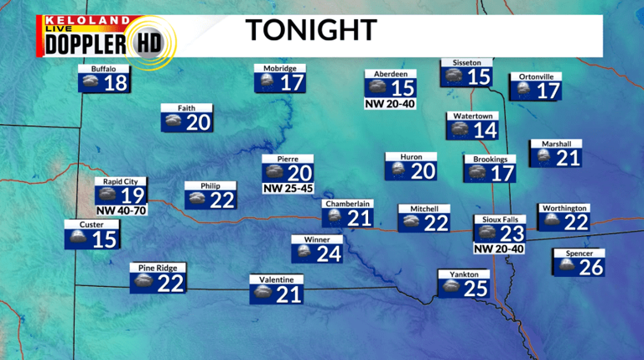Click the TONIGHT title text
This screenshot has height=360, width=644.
310,31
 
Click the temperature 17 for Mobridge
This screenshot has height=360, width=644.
291,83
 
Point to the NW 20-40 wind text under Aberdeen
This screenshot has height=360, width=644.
391,104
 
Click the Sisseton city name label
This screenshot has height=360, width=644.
466,62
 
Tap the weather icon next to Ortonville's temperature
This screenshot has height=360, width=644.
524,90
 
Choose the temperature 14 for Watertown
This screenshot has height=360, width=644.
485,130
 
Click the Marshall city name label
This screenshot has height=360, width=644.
556,143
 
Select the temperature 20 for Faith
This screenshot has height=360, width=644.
198,123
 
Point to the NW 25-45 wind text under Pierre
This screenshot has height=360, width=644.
287,189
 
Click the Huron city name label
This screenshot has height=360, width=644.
411,157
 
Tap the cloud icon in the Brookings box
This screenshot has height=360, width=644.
477,173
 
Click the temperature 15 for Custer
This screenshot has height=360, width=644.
105,240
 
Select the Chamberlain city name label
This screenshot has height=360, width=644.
347,203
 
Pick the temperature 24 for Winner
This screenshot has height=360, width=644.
329,253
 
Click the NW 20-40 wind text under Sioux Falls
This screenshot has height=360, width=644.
499,248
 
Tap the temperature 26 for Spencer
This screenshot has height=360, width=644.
590,268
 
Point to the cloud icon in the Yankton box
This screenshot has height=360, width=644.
451,288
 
